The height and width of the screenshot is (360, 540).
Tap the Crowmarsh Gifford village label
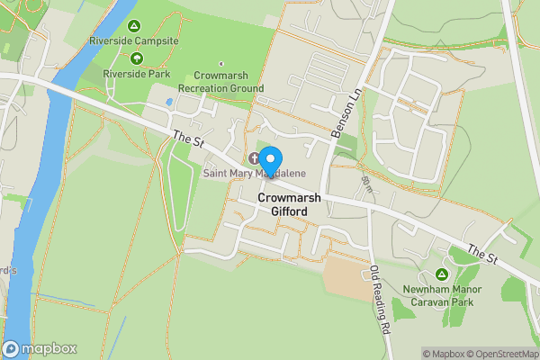(283, 204)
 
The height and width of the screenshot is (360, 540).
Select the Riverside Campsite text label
(134, 41)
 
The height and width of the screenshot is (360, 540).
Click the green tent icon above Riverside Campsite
(134, 26)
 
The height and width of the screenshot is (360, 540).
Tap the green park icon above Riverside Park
(136, 58)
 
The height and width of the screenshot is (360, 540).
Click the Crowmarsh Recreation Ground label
(220, 83)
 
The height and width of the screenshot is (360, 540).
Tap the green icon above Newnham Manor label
(442, 274)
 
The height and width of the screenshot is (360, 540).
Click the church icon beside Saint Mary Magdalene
(254, 158)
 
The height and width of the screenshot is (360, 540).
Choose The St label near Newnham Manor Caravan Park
(481, 255)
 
